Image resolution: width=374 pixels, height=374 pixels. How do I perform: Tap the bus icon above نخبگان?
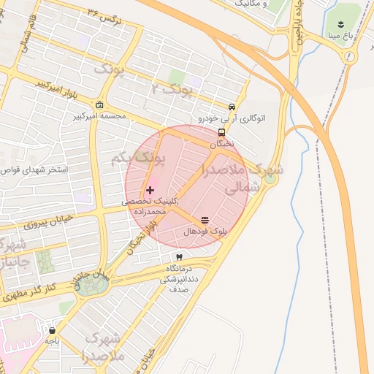click(221, 132)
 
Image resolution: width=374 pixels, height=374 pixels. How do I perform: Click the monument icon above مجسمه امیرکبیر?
click(100, 104)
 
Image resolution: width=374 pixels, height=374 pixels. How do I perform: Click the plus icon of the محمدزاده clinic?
click(150, 190)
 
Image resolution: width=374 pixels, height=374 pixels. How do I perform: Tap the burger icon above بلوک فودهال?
click(204, 219)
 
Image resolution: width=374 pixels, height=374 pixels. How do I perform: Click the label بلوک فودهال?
click(207, 230)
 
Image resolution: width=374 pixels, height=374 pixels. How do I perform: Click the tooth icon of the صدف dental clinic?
click(179, 257)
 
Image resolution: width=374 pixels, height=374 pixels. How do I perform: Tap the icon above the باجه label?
click(51, 329)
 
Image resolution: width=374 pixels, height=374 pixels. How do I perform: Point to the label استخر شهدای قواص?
click(36, 169)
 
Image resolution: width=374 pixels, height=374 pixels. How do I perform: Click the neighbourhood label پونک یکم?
click(139, 158)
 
